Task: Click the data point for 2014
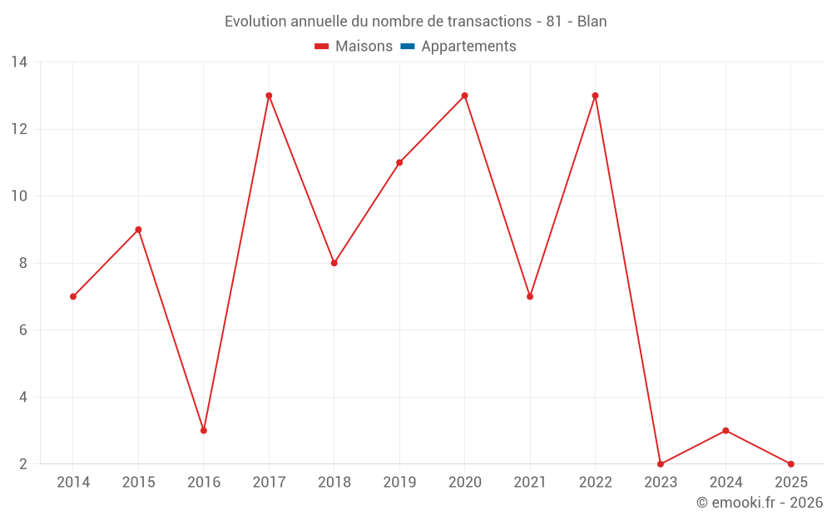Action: (x=73, y=296)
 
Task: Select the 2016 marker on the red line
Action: (x=204, y=430)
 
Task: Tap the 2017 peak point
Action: (x=269, y=96)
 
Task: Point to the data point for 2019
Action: (x=399, y=162)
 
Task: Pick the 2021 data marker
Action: (x=530, y=296)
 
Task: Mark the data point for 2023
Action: (x=661, y=464)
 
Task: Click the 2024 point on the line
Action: (x=726, y=430)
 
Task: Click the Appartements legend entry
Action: (x=468, y=47)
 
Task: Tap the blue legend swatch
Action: (x=407, y=47)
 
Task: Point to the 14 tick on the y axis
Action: (x=19, y=62)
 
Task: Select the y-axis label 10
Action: (x=19, y=196)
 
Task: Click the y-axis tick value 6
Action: (x=22, y=330)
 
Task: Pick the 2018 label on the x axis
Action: (x=334, y=483)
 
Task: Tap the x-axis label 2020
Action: (x=464, y=483)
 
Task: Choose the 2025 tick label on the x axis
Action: (x=790, y=483)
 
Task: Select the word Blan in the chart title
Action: (x=592, y=22)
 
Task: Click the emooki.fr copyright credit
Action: (x=760, y=503)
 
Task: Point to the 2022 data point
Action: (x=595, y=96)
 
